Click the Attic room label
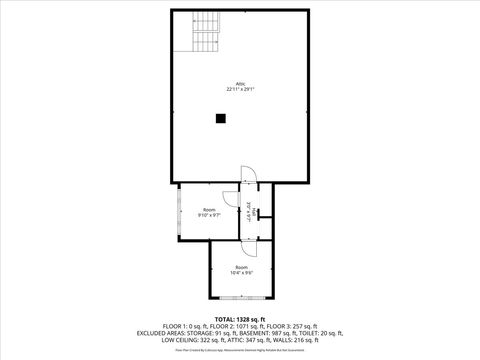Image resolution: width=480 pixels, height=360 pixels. click(x=240, y=84)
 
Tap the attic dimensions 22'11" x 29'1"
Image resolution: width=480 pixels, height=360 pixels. click(x=240, y=90)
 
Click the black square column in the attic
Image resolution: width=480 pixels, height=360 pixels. click(x=220, y=119)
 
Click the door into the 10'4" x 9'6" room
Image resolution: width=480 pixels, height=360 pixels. click(x=249, y=237)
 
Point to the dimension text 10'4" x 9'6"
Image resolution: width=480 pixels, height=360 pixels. click(x=241, y=272)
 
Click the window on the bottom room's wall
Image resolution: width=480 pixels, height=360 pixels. click(x=241, y=299)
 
